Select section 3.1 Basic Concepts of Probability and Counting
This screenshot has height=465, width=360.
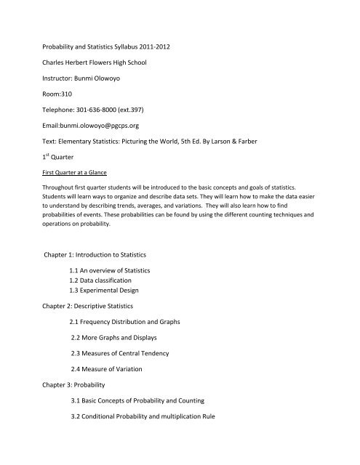coord(161,441)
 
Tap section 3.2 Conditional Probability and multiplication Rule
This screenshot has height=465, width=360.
coord(168,460)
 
